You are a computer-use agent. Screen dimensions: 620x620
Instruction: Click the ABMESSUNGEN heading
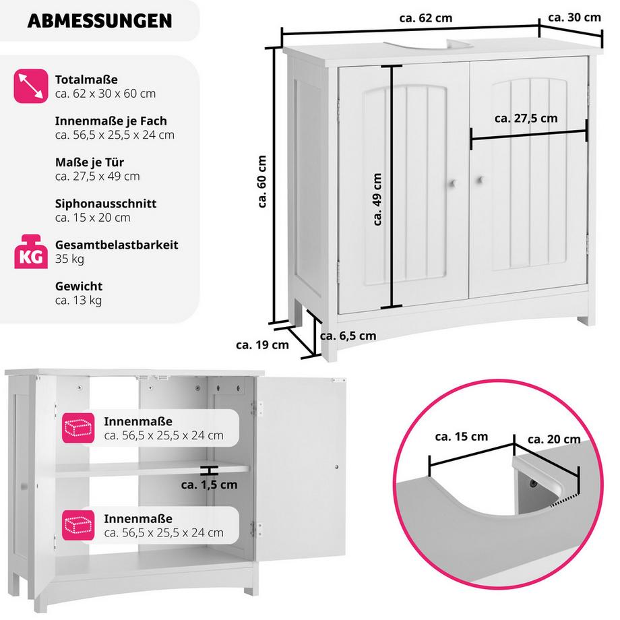point(99,21)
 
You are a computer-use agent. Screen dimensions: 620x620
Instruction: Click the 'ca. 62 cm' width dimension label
point(427,18)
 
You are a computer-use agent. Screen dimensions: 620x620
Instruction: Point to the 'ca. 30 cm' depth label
point(574,17)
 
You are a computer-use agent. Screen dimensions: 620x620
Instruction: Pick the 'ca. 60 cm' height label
point(262,182)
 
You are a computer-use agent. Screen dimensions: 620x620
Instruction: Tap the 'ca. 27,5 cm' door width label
point(526,118)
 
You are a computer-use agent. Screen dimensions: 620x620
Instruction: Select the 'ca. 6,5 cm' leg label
point(348,335)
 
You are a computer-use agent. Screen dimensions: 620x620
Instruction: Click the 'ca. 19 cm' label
point(262,345)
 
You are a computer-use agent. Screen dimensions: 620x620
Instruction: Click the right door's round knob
point(480,180)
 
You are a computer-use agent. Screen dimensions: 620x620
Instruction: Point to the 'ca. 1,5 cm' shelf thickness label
point(209,484)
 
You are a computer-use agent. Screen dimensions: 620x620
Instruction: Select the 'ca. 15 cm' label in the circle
point(462,437)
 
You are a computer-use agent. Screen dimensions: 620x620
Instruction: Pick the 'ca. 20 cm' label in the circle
point(554,439)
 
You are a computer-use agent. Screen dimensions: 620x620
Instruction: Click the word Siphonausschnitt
point(106,204)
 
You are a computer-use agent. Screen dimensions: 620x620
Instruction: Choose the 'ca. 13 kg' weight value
point(78,300)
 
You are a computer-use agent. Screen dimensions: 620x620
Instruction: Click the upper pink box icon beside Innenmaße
point(77,427)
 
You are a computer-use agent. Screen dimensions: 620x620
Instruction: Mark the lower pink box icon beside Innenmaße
point(77,525)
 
